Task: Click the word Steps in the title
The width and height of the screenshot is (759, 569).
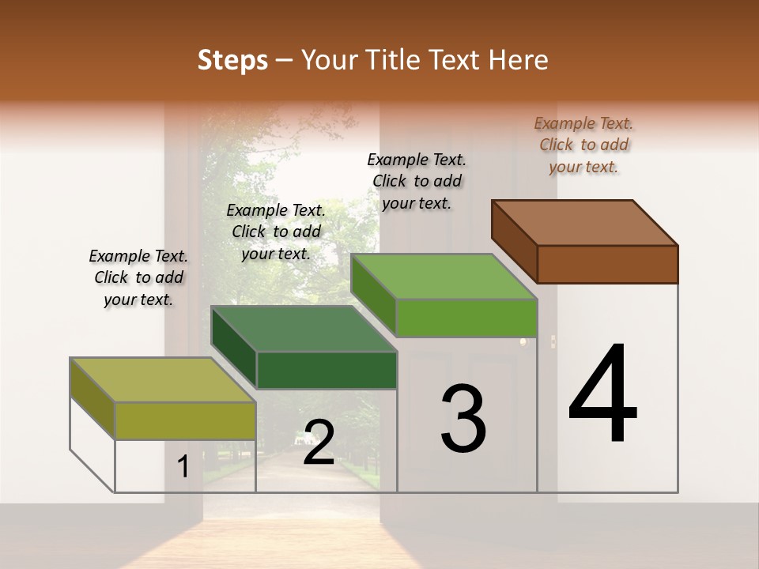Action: (x=232, y=60)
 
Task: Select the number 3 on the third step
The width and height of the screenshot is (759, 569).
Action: (x=463, y=418)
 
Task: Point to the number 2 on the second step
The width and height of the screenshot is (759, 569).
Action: (x=319, y=443)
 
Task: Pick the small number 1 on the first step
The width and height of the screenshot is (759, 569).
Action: (x=183, y=467)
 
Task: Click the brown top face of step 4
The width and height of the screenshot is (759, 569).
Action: (x=584, y=222)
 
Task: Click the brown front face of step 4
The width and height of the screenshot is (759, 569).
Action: (x=607, y=264)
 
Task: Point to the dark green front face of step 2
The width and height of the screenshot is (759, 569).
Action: (x=327, y=370)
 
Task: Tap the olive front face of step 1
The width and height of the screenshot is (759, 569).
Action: (x=186, y=420)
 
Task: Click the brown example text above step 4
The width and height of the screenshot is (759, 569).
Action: (x=583, y=145)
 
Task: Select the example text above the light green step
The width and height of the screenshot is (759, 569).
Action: (x=417, y=181)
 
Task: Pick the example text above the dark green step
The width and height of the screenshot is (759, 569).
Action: (x=276, y=232)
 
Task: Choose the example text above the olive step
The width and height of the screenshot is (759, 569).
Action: (x=138, y=277)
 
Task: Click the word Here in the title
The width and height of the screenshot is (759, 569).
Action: (x=519, y=60)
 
